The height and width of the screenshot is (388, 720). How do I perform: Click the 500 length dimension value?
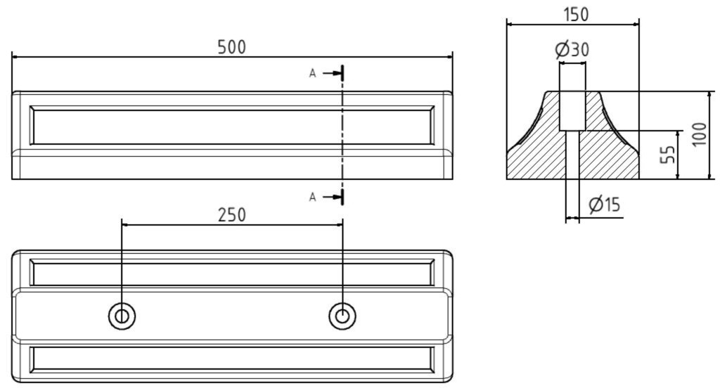point(232,47)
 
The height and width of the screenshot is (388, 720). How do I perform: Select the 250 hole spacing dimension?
point(232,214)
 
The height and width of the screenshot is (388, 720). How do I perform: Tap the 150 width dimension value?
point(576,14)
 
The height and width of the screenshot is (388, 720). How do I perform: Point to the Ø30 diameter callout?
point(572,50)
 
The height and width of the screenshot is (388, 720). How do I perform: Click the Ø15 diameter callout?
point(605,205)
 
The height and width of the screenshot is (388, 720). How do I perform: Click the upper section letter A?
point(313,73)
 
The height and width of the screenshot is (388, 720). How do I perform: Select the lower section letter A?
point(313,198)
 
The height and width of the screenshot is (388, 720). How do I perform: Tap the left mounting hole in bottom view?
point(122,316)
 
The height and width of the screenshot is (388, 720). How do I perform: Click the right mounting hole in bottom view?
point(342,316)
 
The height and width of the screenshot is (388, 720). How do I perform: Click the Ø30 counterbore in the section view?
point(572,110)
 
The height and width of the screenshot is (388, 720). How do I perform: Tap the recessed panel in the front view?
point(232,126)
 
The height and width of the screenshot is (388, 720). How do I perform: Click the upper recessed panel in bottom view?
point(232,273)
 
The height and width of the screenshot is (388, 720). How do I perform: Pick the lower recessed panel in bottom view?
point(232,358)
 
